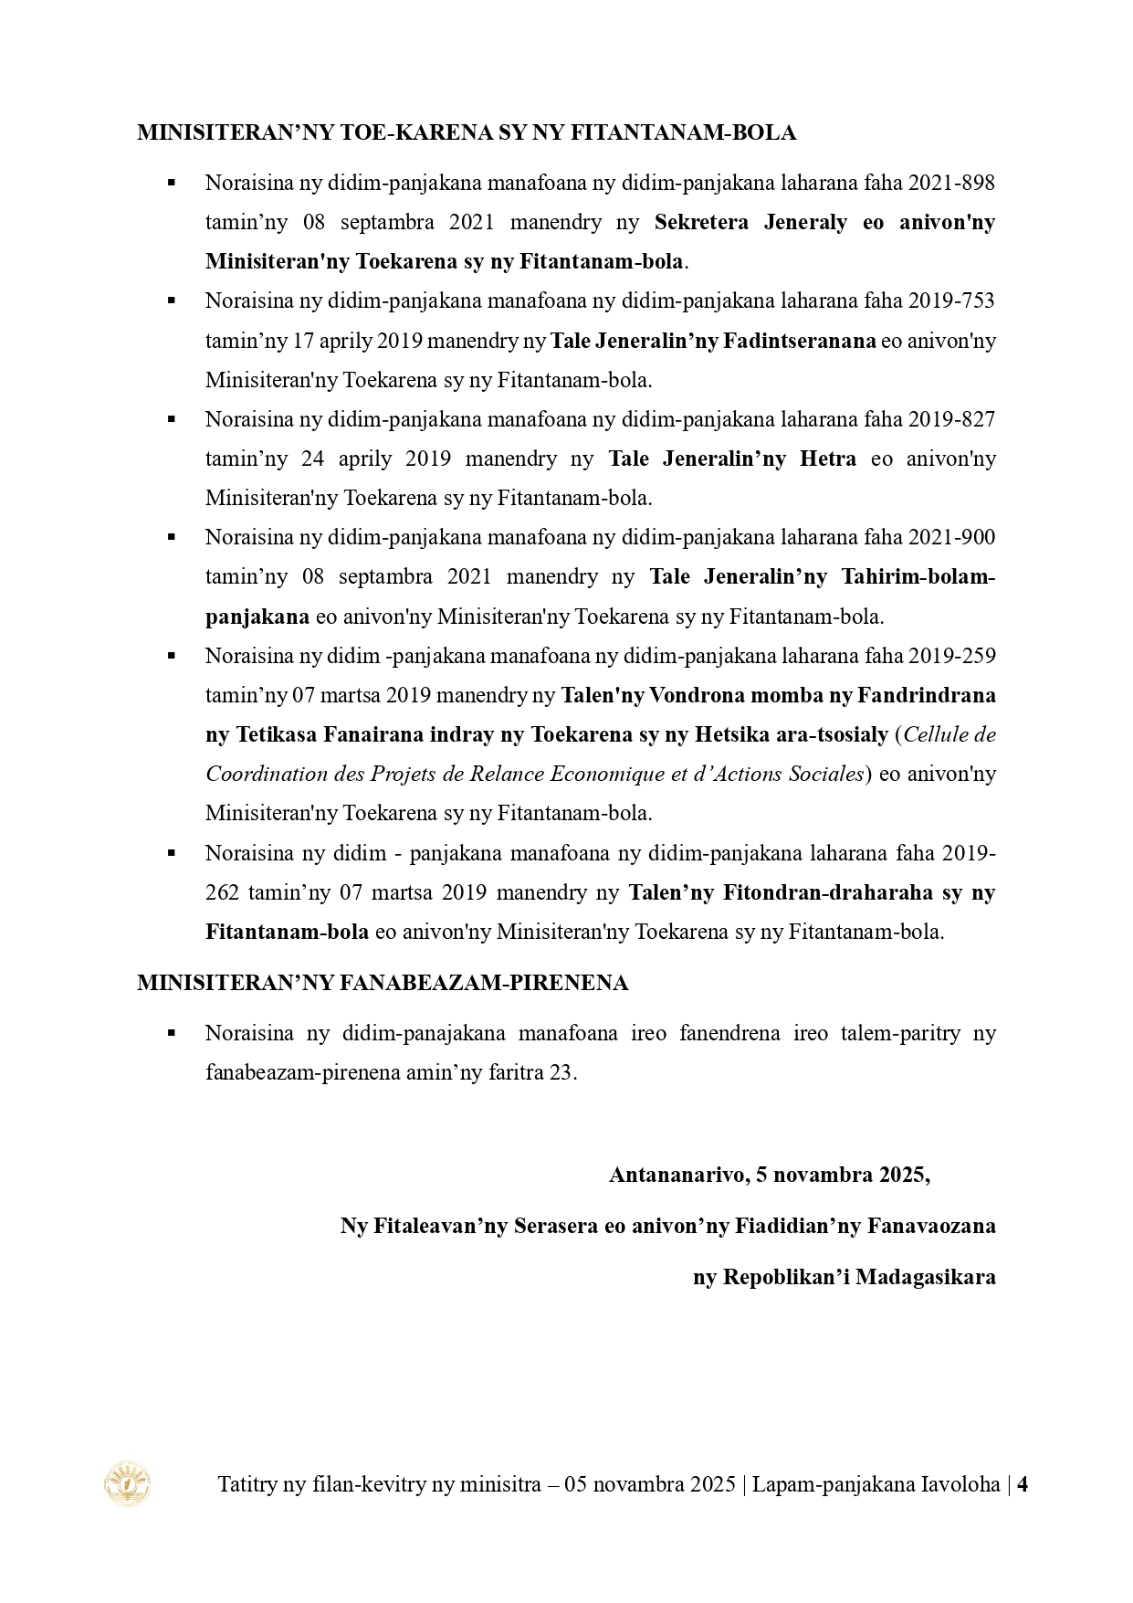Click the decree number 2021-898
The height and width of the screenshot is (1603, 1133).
coord(950,183)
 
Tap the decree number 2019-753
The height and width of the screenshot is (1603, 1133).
coord(950,301)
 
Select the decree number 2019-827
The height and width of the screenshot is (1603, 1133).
coord(950,419)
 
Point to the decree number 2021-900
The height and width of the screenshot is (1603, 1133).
coord(950,537)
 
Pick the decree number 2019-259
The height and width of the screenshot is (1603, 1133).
coord(950,656)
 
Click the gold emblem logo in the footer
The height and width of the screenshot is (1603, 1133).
coord(128,1483)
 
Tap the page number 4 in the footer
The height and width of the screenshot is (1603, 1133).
coord(1023,1484)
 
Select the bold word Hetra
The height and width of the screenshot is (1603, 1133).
coord(828,459)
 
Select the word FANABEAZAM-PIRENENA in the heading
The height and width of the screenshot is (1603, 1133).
coord(484,984)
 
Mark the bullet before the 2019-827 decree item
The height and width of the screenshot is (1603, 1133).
coord(171,419)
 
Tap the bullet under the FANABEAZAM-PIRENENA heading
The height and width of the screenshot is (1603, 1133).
coord(171,1033)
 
